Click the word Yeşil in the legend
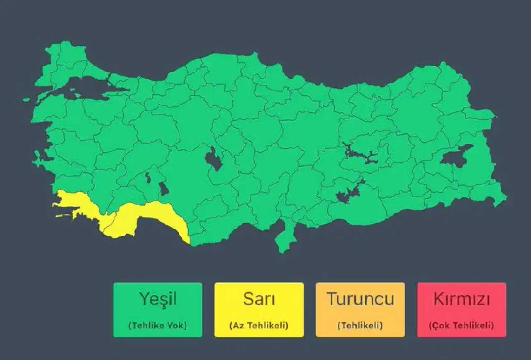158,299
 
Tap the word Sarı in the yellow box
259,299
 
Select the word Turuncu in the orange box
360,299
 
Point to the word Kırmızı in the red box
461,299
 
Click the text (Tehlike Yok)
158,326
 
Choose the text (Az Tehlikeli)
259,326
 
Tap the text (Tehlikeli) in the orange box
360,326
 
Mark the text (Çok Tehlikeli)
461,326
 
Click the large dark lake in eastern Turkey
455,156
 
